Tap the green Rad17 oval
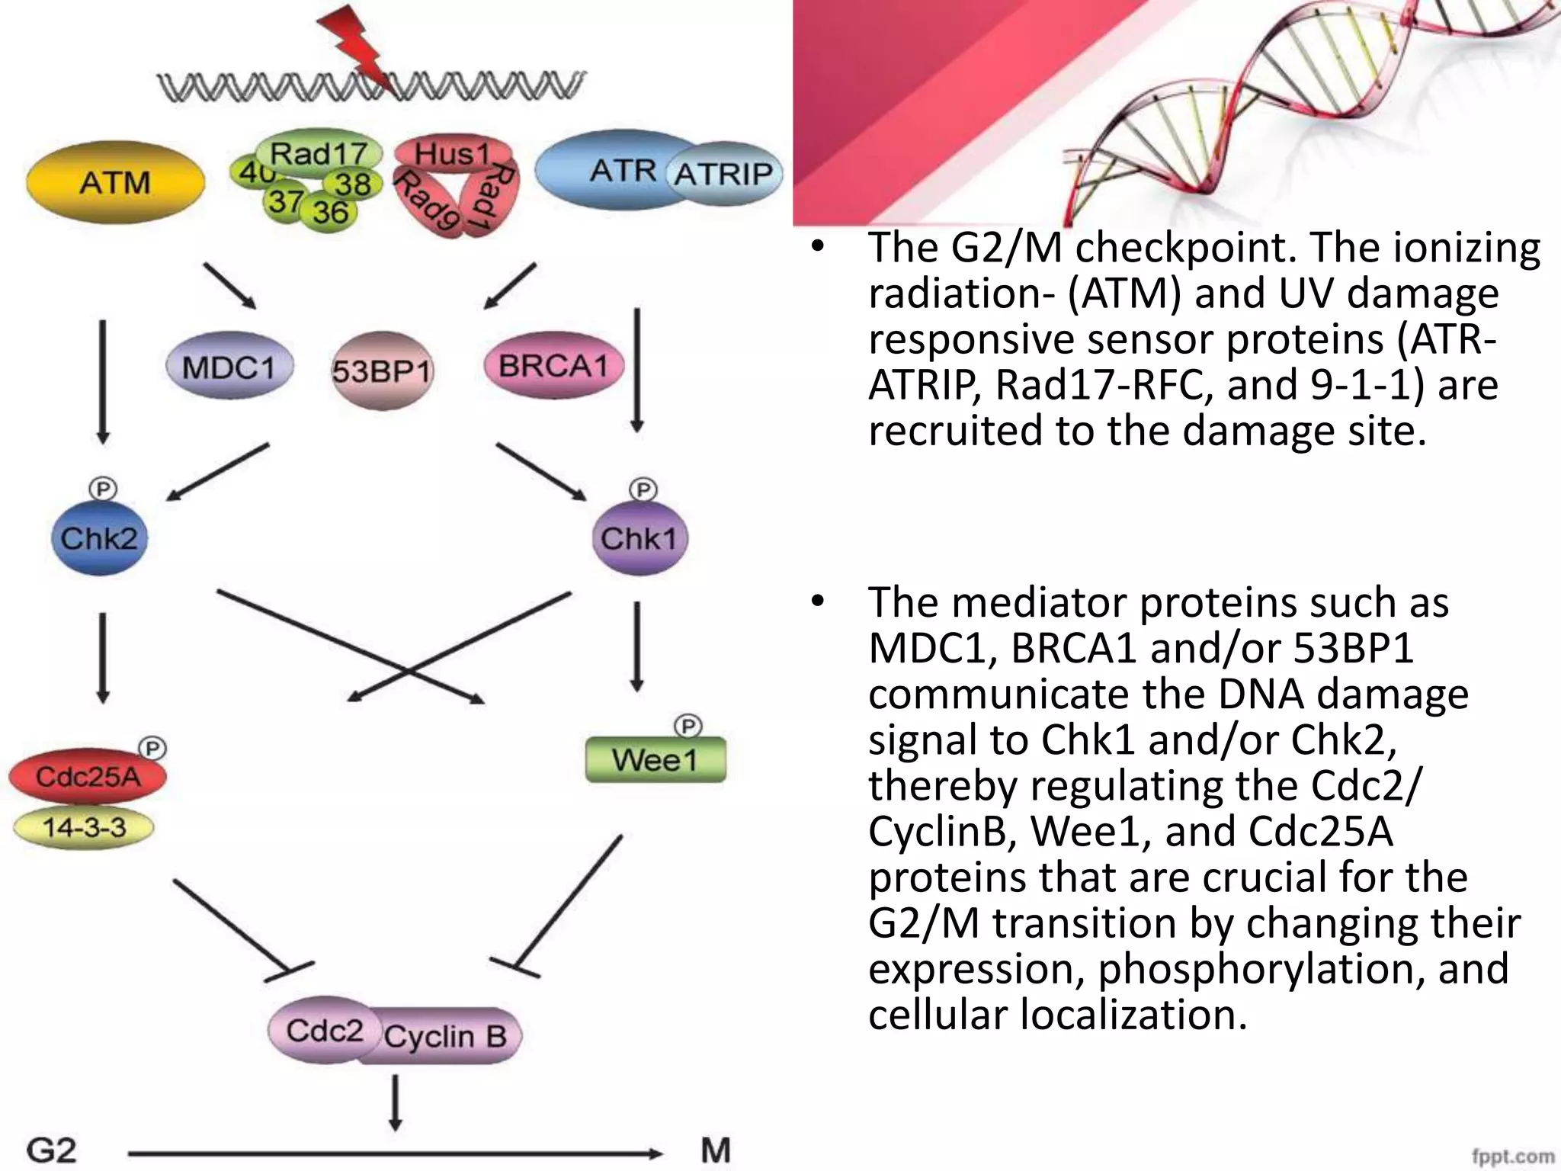tap(319, 153)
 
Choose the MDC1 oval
tap(229, 367)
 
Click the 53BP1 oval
tap(382, 371)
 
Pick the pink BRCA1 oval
tap(554, 366)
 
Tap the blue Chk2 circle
tap(99, 539)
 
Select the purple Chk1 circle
tap(639, 539)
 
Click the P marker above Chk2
tap(103, 489)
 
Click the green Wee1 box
tap(655, 759)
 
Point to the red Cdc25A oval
tap(87, 777)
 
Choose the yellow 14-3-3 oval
tap(84, 827)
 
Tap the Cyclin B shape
tap(446, 1037)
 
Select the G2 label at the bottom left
tap(52, 1150)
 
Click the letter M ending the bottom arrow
tap(715, 1149)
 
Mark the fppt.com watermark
tap(1512, 1157)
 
